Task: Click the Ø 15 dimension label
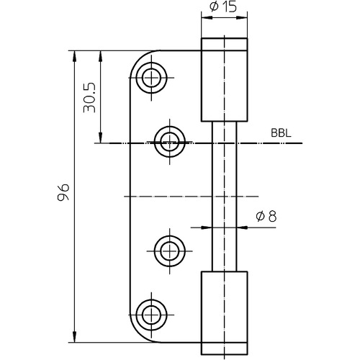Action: (223, 6)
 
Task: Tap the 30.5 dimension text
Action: (89, 98)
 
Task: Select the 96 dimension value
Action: (63, 192)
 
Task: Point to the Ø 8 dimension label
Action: (266, 216)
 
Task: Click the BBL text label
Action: (281, 133)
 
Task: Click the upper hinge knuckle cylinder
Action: (224, 80)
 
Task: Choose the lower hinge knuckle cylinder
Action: (224, 313)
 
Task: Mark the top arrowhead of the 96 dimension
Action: (74, 56)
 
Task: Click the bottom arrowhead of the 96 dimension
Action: (74, 337)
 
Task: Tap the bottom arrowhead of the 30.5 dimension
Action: (101, 138)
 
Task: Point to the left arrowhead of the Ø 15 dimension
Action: (207, 17)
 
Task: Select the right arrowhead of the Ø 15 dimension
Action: (242, 17)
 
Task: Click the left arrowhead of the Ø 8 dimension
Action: (207, 228)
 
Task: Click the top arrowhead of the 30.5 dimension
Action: (101, 56)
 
